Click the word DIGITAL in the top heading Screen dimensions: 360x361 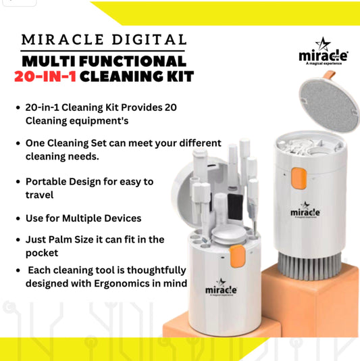(x=149, y=39)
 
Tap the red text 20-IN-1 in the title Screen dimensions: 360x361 (x=45, y=76)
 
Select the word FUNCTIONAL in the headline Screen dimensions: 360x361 (x=133, y=62)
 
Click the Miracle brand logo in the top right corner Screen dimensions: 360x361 (x=324, y=51)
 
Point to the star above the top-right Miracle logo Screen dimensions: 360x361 (x=323, y=44)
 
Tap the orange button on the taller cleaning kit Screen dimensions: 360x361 (x=299, y=178)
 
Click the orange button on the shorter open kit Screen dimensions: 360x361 (x=237, y=256)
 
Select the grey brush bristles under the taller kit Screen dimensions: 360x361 (x=309, y=266)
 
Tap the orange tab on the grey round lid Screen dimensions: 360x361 (x=330, y=75)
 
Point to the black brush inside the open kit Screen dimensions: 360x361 (x=235, y=207)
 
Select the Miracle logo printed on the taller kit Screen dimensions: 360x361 (x=305, y=210)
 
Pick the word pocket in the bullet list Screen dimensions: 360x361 (x=42, y=254)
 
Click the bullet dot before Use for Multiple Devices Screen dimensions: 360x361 (x=18, y=218)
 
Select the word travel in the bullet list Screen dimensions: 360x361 (x=40, y=195)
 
